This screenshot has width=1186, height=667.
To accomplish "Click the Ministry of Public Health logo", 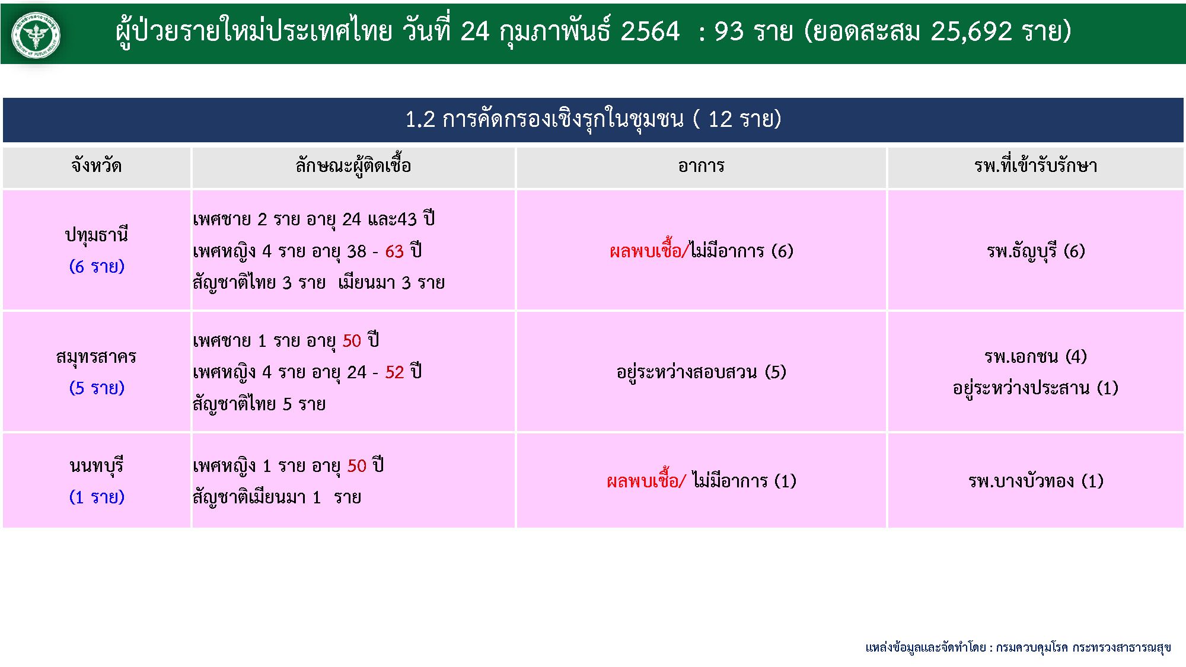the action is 36,35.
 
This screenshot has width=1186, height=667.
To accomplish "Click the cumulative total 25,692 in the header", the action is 971,31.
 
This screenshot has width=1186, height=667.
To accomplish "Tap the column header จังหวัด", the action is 97,166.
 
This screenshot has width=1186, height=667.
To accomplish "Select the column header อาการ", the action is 701,166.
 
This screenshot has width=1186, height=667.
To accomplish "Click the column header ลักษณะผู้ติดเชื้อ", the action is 353,166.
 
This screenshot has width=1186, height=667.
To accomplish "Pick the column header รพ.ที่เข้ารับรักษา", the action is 1035,165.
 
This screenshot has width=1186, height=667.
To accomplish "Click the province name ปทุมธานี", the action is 96,235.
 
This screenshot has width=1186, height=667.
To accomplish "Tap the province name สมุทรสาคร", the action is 96,357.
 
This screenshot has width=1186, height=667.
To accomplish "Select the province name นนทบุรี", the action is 96,465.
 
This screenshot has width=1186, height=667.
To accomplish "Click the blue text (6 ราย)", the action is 97,266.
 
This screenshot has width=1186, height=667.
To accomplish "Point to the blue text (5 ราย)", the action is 97,388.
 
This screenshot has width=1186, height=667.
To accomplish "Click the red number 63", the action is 394,251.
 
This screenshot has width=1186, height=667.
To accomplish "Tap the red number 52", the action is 394,372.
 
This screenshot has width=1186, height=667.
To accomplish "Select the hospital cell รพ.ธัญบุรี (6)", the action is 1035,251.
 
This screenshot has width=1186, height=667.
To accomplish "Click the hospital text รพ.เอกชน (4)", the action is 1035,356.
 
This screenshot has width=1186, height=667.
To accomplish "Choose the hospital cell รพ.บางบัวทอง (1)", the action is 1035,480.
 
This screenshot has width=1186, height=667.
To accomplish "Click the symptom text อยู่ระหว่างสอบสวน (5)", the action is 701,372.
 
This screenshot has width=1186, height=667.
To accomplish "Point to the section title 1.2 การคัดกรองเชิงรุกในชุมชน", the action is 544,120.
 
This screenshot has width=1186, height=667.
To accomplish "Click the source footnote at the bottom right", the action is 1018,647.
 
